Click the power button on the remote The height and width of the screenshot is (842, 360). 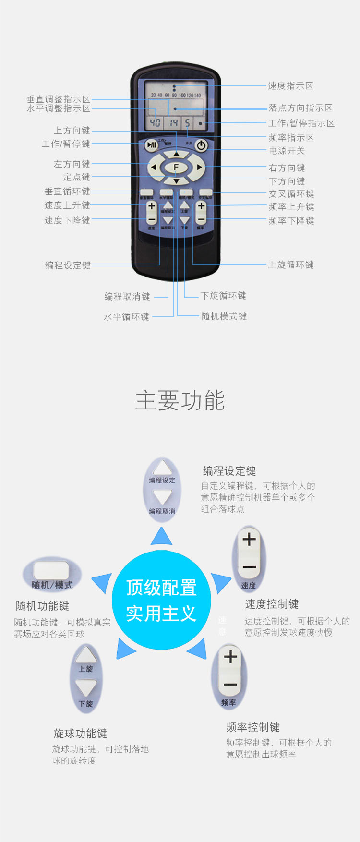coord(201,145)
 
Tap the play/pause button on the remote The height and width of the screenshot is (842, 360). coord(151,145)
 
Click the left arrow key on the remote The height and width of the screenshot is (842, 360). coord(154,168)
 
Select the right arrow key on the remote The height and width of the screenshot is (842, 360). coord(199,168)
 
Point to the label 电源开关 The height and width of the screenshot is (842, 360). coord(287,151)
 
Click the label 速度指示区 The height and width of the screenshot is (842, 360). coord(290,86)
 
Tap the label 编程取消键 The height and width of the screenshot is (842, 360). coord(127,297)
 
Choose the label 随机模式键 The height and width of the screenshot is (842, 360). coord(224,316)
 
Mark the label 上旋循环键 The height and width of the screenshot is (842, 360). coord(290,265)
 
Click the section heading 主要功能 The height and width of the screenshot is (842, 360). coord(180,400)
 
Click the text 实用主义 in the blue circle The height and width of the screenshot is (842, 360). coord(161,613)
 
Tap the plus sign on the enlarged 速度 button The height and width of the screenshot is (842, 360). coord(249,540)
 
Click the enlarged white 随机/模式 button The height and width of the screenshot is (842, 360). coord(51,571)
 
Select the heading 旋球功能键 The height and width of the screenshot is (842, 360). coord(80,734)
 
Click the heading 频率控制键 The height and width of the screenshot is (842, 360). coord(253,727)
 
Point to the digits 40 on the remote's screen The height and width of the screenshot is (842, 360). coord(155,123)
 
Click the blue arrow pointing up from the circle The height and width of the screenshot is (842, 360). coord(161,537)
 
